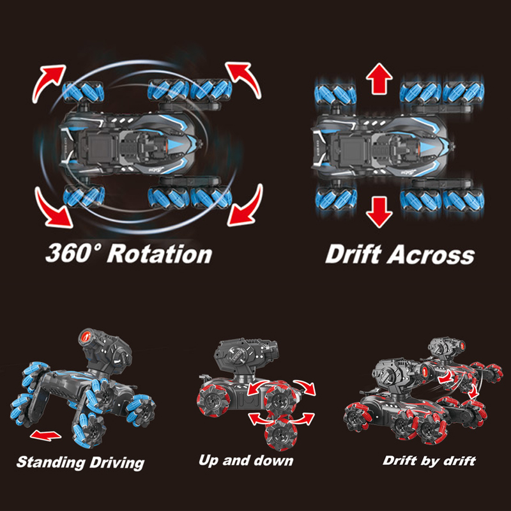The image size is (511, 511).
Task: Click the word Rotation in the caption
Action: [x=160, y=254]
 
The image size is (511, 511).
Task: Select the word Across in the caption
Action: [x=431, y=254]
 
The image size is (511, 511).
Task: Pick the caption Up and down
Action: [x=246, y=461]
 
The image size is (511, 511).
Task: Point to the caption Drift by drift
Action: [x=429, y=461]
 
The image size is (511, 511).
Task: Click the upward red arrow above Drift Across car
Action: [x=379, y=79]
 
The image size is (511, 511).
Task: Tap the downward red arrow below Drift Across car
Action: [x=379, y=212]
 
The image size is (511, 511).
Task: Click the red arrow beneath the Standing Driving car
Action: [x=45, y=436]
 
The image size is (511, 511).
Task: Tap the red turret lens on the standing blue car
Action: [x=86, y=338]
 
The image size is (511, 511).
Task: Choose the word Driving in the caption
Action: [x=117, y=463]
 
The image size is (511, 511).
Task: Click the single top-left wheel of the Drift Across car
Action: [x=336, y=95]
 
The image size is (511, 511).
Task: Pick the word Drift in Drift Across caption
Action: [x=353, y=254]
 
